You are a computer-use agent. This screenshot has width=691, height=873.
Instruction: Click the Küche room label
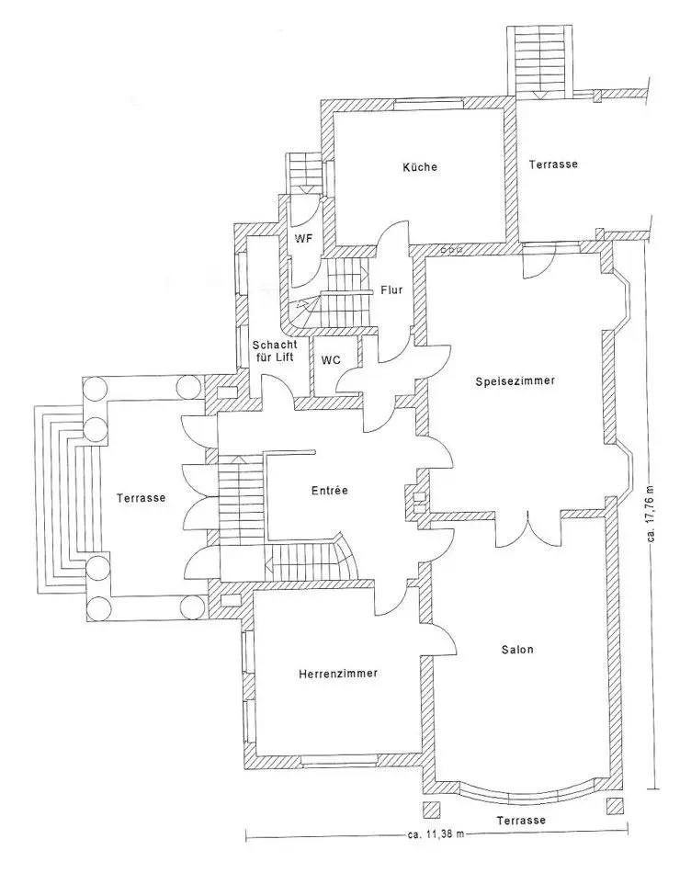tap(420, 166)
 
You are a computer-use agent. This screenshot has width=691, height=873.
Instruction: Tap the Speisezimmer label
tap(515, 381)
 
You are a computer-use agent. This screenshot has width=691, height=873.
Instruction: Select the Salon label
tap(517, 649)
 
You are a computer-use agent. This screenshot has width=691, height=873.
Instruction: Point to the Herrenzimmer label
tap(338, 673)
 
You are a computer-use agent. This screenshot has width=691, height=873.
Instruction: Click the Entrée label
tap(330, 490)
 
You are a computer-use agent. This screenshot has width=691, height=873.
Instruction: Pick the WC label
tap(331, 360)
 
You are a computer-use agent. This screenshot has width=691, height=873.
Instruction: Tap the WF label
tap(303, 239)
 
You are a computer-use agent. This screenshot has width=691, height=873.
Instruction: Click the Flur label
tap(391, 290)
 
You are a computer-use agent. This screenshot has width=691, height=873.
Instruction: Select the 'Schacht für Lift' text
tap(275, 351)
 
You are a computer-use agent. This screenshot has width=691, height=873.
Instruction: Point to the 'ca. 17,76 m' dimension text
tap(652, 516)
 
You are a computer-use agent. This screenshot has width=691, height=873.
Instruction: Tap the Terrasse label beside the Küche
tap(553, 164)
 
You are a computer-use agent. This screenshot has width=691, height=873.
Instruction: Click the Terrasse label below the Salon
tap(521, 820)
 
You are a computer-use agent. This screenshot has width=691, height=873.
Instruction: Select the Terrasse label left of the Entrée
tap(141, 498)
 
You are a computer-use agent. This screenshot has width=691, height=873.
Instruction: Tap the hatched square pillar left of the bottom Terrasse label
tap(432, 809)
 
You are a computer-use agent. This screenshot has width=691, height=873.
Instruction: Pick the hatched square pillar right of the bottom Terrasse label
tap(615, 807)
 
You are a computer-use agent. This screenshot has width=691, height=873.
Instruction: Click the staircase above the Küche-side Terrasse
tap(539, 62)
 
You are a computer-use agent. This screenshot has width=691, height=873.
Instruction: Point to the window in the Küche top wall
tap(428, 102)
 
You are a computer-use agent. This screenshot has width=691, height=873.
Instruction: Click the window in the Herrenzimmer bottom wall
tap(339, 759)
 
